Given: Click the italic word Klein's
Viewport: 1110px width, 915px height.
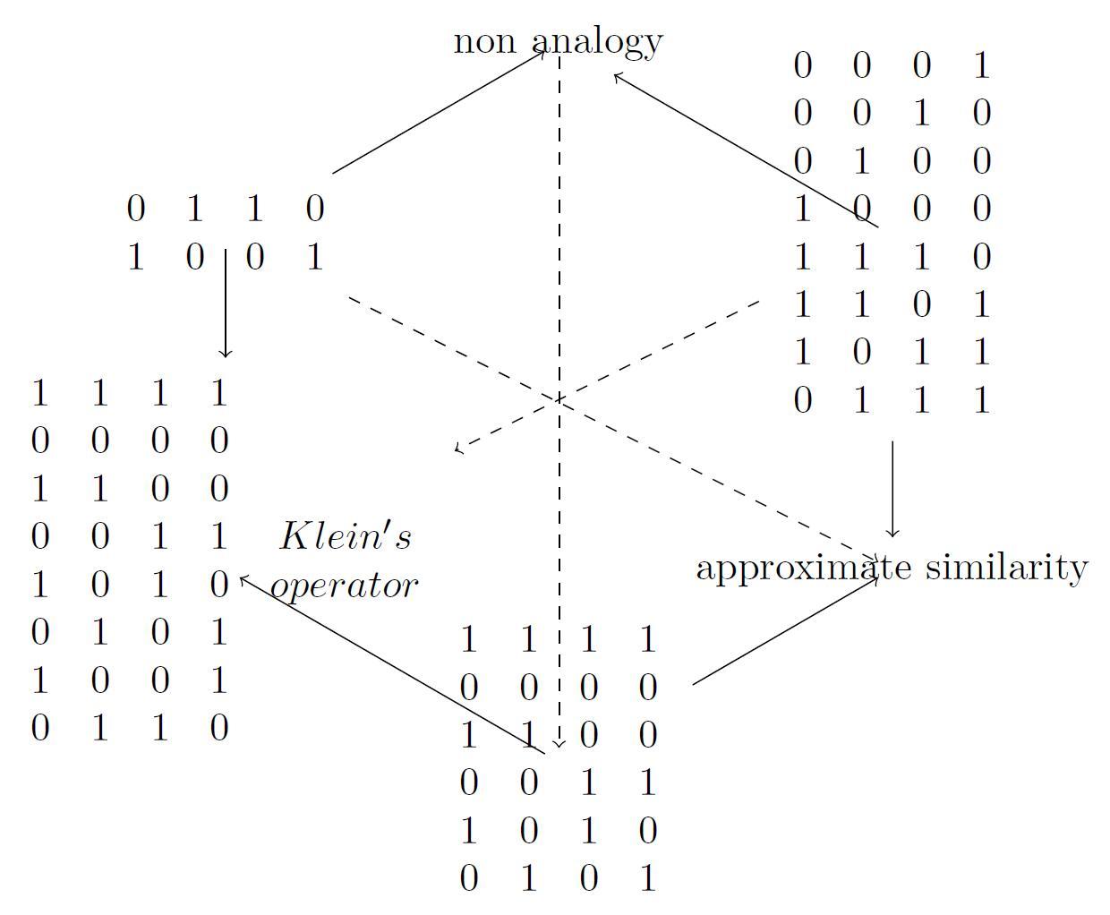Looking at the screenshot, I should [346, 537].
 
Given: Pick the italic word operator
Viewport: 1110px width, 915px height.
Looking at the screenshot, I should [345, 586].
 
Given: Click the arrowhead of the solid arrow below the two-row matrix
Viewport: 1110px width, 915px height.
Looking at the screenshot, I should [226, 355].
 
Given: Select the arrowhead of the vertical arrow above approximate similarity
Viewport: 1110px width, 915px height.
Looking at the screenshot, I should [892, 534].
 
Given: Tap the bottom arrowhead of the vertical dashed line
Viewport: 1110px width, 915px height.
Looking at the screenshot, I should [559, 744].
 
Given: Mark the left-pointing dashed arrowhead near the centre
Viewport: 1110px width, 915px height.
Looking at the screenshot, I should [458, 448].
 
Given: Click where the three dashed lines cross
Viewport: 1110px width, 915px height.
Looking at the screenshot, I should [559, 399].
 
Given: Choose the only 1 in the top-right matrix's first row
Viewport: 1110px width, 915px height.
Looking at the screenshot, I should [981, 65].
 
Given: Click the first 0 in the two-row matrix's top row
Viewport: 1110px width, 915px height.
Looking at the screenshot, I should [135, 210].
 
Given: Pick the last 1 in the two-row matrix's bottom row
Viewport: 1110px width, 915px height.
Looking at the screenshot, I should [314, 258].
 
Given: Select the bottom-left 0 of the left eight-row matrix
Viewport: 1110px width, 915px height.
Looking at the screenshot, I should [39, 729].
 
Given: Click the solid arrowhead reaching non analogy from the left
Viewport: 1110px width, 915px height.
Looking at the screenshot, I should [542, 51].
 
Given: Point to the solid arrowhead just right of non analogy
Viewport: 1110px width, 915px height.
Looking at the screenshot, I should [616, 76].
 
